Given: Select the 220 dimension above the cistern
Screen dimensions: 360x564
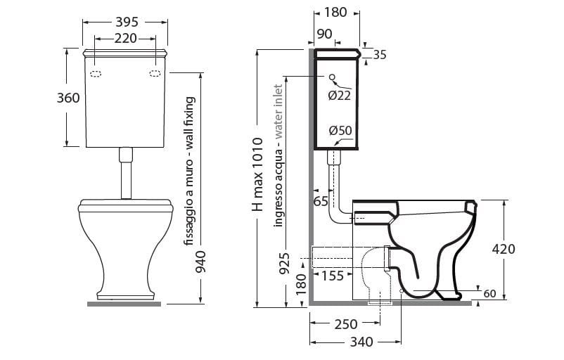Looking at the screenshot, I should tap(125, 38).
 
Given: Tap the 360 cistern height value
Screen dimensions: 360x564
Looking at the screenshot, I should tap(68, 98).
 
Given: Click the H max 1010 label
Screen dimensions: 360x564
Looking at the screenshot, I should tap(257, 176).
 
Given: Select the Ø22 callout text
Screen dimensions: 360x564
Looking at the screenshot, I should tap(339, 96).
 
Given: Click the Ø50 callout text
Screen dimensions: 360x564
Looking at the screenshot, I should tap(340, 130).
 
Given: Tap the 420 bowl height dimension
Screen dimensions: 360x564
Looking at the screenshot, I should tap(504, 249).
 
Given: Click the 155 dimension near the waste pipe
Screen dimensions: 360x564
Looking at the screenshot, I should tap(333, 276).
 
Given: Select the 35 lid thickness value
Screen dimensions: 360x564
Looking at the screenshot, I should tap(380, 55).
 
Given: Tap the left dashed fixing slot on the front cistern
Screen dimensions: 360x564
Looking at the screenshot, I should tap(96, 72).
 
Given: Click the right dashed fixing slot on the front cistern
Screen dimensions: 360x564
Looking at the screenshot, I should tap(155, 72).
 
